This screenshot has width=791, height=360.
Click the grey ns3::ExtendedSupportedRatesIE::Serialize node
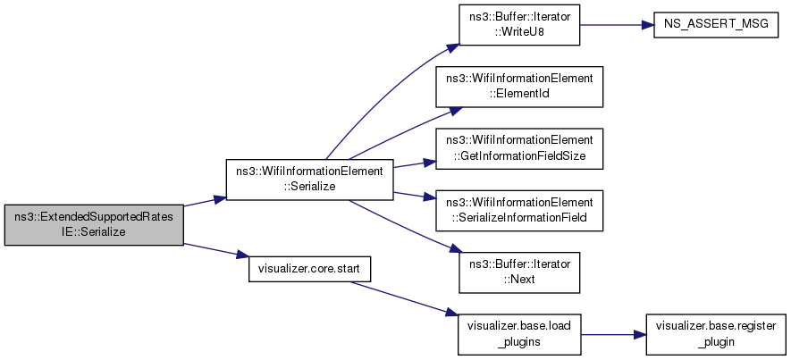[94, 225]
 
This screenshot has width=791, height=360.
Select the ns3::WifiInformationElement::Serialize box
[309, 180]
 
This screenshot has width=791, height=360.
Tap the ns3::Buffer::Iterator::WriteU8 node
[519, 25]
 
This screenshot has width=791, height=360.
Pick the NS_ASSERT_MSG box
[716, 25]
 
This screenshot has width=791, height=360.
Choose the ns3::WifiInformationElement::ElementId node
[519, 87]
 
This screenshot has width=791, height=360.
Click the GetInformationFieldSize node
[519, 149]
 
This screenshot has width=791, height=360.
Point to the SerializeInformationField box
[519, 211]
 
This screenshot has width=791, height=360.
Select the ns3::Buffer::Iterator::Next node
[519, 272]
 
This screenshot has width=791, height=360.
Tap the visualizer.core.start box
[309, 269]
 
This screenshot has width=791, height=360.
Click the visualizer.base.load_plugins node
[519, 334]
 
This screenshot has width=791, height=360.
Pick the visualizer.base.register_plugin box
[716, 334]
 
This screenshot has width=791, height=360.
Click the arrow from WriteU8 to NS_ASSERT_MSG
[617, 25]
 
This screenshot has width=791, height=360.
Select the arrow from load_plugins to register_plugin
[613, 334]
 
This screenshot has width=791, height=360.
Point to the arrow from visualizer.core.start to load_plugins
[404, 298]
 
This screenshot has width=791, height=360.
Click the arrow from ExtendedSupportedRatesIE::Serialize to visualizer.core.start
[216, 251]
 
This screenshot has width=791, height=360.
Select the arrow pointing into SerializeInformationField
[414, 195]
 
